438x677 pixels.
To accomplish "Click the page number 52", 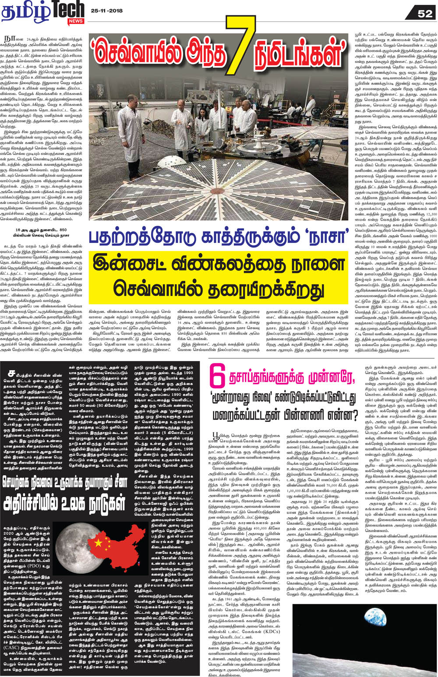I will (x=425, y=14).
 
